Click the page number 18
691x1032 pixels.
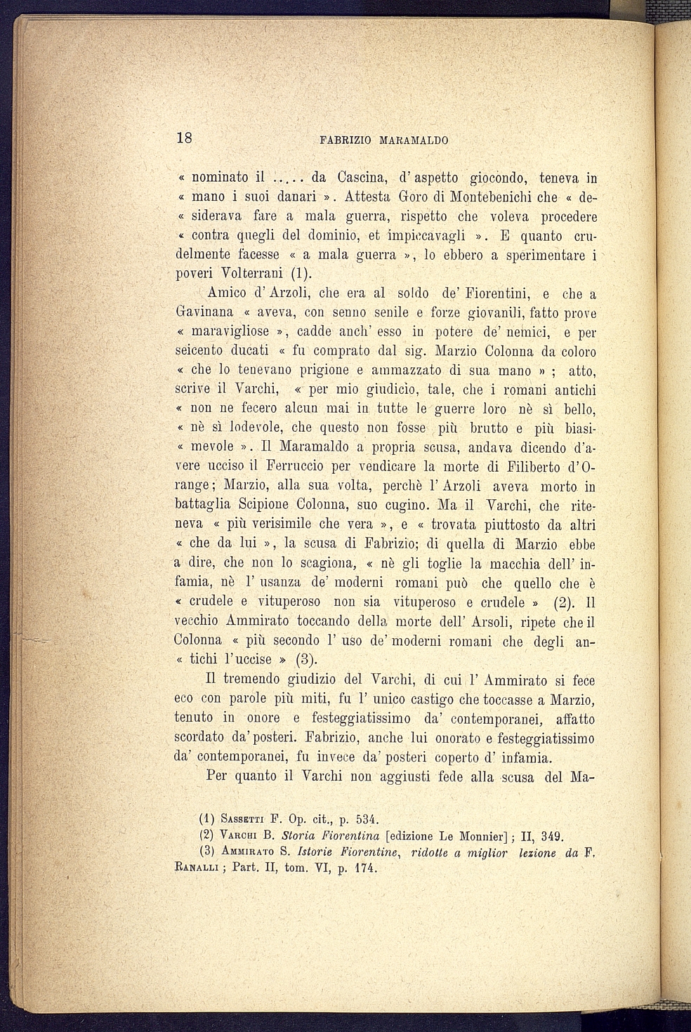pos(184,138)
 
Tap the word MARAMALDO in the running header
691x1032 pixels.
pos(414,140)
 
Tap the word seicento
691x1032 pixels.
pos(199,350)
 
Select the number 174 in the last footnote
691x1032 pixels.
pos(364,868)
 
